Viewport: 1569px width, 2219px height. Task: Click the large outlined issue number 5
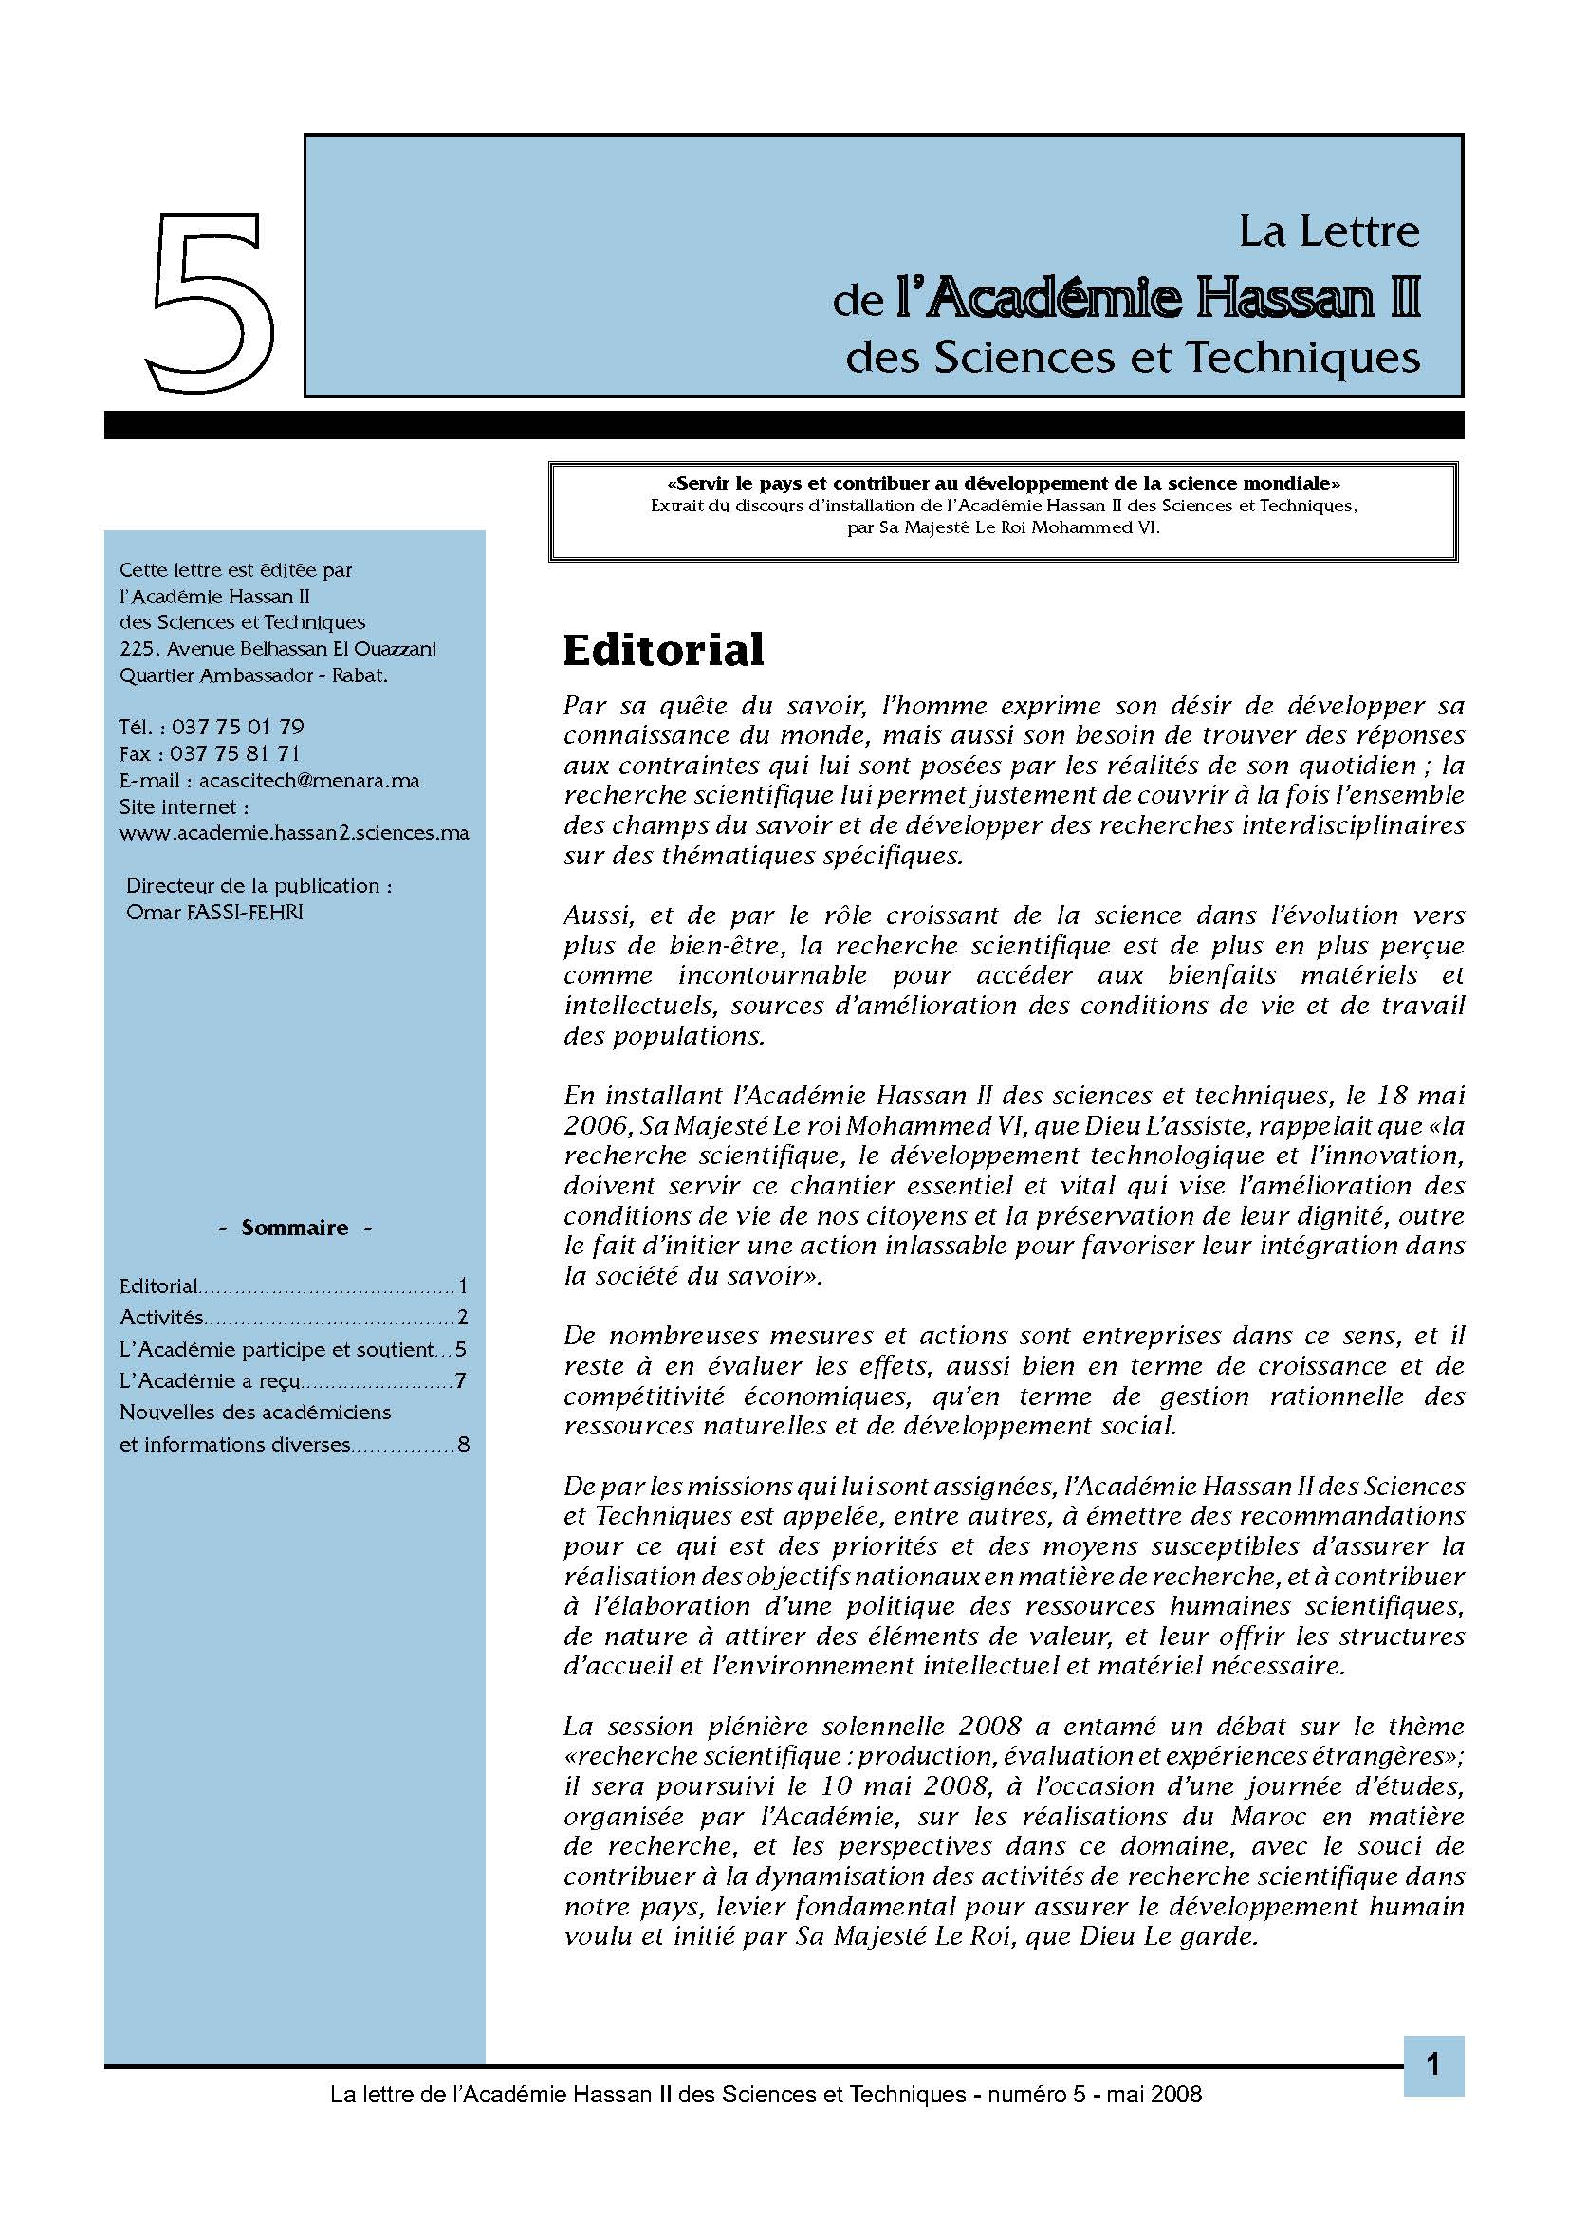pos(211,304)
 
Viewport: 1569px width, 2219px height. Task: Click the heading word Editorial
pos(663,650)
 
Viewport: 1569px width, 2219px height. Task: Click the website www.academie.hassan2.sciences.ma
pos(294,833)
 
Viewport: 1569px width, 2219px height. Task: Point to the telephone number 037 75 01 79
pos(238,727)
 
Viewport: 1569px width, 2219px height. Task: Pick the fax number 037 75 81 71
pos(234,754)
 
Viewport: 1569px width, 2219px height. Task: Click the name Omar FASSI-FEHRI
pos(214,913)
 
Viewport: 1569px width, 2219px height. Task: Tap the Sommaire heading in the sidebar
pos(295,1229)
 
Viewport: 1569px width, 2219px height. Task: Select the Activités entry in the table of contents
pos(161,1318)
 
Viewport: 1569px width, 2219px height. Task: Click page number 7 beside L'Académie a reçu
pos(461,1381)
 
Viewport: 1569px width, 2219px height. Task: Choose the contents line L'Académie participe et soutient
pos(276,1349)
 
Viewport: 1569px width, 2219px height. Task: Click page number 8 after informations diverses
pos(463,1446)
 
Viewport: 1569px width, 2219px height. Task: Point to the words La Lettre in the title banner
pos(1328,231)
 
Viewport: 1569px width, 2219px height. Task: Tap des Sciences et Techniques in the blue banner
pos(1133,359)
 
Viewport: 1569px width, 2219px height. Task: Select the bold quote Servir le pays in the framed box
pos(1003,483)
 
